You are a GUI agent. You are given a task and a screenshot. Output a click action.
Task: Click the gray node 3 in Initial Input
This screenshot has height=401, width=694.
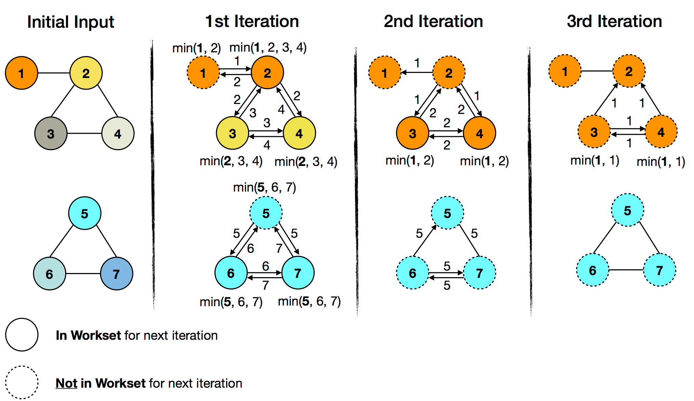click(51, 133)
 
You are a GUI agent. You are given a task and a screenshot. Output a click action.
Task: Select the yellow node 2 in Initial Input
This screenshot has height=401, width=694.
click(86, 73)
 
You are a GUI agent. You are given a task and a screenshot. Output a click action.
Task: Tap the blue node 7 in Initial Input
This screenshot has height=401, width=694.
click(117, 274)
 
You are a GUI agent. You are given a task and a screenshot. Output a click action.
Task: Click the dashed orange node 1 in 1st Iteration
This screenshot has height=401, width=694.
click(203, 73)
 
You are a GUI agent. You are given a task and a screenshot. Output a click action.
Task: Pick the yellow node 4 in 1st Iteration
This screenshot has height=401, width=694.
click(299, 133)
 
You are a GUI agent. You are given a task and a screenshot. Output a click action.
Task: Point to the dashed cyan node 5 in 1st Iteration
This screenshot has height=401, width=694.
click(266, 213)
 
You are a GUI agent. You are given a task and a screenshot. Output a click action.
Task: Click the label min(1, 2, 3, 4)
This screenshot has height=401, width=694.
click(268, 47)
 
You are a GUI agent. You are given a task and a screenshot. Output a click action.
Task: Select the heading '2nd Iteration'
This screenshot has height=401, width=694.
click(433, 21)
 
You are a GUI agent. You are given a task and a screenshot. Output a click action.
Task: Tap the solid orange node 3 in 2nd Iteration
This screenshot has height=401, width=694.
click(412, 133)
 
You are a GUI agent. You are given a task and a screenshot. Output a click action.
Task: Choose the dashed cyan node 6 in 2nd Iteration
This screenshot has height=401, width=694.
click(412, 273)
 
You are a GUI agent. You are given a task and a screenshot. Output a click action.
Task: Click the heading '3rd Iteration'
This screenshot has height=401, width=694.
click(614, 21)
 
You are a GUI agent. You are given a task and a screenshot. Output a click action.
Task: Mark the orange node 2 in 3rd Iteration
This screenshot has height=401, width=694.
click(629, 71)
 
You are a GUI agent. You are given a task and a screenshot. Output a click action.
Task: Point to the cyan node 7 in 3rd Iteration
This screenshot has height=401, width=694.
click(659, 270)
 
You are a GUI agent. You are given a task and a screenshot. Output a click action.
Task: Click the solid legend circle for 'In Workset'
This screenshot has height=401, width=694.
click(22, 335)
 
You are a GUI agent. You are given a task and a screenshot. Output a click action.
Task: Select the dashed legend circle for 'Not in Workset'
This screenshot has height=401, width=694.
click(22, 383)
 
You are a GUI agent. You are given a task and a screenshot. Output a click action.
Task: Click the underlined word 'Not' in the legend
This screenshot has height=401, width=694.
click(66, 383)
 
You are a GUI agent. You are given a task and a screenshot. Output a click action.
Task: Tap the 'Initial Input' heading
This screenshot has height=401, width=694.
click(70, 22)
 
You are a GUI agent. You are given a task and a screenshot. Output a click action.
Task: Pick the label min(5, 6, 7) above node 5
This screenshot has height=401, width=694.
click(264, 187)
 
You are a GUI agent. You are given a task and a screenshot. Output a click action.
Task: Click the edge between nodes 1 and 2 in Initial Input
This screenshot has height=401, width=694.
click(54, 73)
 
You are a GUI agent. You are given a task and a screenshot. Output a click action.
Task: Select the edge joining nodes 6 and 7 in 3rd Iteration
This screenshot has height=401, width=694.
click(626, 270)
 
